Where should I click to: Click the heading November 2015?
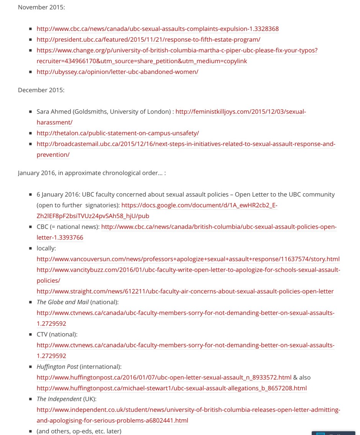click(41, 7)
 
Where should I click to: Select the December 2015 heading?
click(41, 90)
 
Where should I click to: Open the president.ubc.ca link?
click(148, 39)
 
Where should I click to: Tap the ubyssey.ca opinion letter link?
click(117, 72)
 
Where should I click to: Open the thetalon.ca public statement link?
click(118, 133)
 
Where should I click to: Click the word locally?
click(46, 248)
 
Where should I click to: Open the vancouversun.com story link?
click(188, 259)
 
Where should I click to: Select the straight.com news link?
click(185, 291)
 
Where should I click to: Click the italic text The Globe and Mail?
click(62, 302)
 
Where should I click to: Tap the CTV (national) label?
click(57, 334)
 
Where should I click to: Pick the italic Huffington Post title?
click(57, 367)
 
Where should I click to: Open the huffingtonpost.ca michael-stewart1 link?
click(172, 388)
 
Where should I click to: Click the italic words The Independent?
click(59, 399)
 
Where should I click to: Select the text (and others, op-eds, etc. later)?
click(79, 431)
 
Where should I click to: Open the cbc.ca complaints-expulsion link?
click(157, 29)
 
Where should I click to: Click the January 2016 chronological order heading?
click(92, 173)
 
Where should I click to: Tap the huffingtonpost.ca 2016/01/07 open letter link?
click(164, 378)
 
